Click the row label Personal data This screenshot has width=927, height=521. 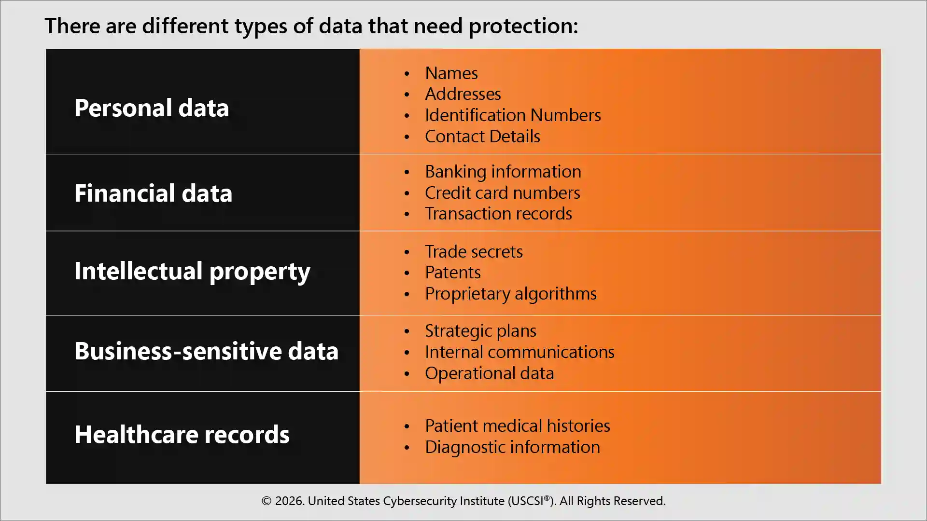pyautogui.click(x=151, y=108)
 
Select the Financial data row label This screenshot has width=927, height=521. pyautogui.click(x=153, y=193)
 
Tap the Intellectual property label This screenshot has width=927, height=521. pyautogui.click(x=192, y=271)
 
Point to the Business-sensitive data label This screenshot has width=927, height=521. pyautogui.click(x=206, y=351)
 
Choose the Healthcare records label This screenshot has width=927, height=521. pyautogui.click(x=182, y=434)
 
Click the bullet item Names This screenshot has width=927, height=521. pyautogui.click(x=451, y=73)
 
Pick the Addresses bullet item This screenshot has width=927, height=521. pyautogui.click(x=463, y=94)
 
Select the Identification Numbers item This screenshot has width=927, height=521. pyautogui.click(x=512, y=115)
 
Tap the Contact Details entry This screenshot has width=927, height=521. pyautogui.click(x=482, y=137)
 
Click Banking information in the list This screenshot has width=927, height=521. pyautogui.click(x=503, y=172)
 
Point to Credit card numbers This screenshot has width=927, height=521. pyautogui.click(x=502, y=193)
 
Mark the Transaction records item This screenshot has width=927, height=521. pyautogui.click(x=498, y=214)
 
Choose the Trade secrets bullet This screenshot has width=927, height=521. pyautogui.click(x=473, y=252)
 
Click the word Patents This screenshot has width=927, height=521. pyautogui.click(x=452, y=273)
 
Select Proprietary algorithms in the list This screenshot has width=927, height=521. pyautogui.click(x=510, y=294)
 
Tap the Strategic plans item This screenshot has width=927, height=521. pyautogui.click(x=480, y=331)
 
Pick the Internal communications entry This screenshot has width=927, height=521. pyautogui.click(x=519, y=352)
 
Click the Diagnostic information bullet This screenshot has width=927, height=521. pyautogui.click(x=512, y=447)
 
